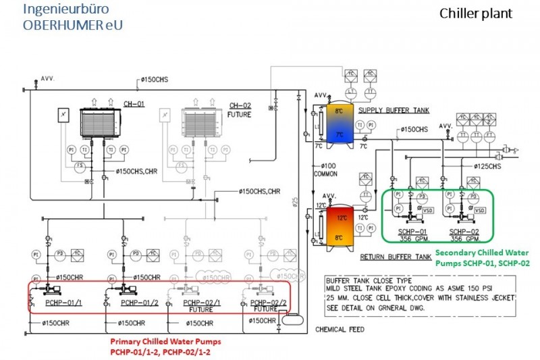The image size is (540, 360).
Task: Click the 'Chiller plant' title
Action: pyautogui.click(x=476, y=14)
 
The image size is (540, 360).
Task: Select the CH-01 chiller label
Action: pyautogui.click(x=134, y=105)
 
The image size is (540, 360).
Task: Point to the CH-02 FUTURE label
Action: pyautogui.click(x=240, y=109)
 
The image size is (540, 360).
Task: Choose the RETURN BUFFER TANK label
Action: pyautogui.click(x=396, y=257)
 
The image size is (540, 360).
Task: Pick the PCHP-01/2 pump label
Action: pyautogui.click(x=140, y=303)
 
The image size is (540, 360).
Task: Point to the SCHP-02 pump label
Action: pyautogui.click(x=464, y=231)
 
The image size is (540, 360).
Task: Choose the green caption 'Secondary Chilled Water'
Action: pyautogui.click(x=487, y=253)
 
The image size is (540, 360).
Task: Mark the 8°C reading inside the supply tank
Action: pyautogui.click(x=340, y=110)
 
